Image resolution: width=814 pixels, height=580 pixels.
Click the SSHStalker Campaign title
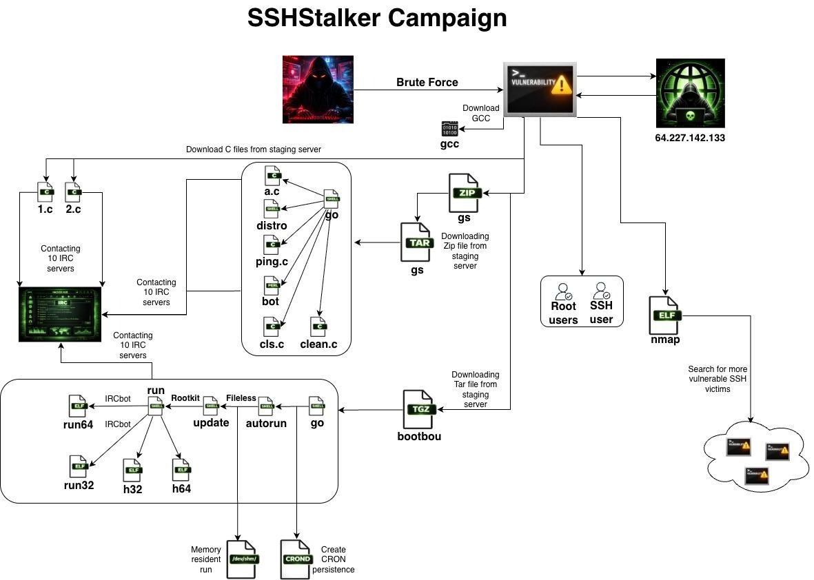tap(377, 19)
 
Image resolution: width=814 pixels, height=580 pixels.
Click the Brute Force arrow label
tap(427, 83)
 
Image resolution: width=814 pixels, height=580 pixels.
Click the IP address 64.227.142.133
tap(690, 138)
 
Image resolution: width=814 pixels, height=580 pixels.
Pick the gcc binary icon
tap(449, 129)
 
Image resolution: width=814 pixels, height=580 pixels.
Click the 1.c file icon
tap(45, 192)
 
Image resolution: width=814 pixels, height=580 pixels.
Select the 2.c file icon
tap(73, 192)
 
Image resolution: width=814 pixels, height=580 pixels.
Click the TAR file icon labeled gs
tap(416, 242)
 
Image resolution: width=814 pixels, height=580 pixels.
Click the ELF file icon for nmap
tap(665, 316)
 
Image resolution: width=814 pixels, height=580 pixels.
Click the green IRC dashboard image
tap(61, 315)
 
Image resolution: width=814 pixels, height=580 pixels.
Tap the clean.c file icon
tap(318, 326)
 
